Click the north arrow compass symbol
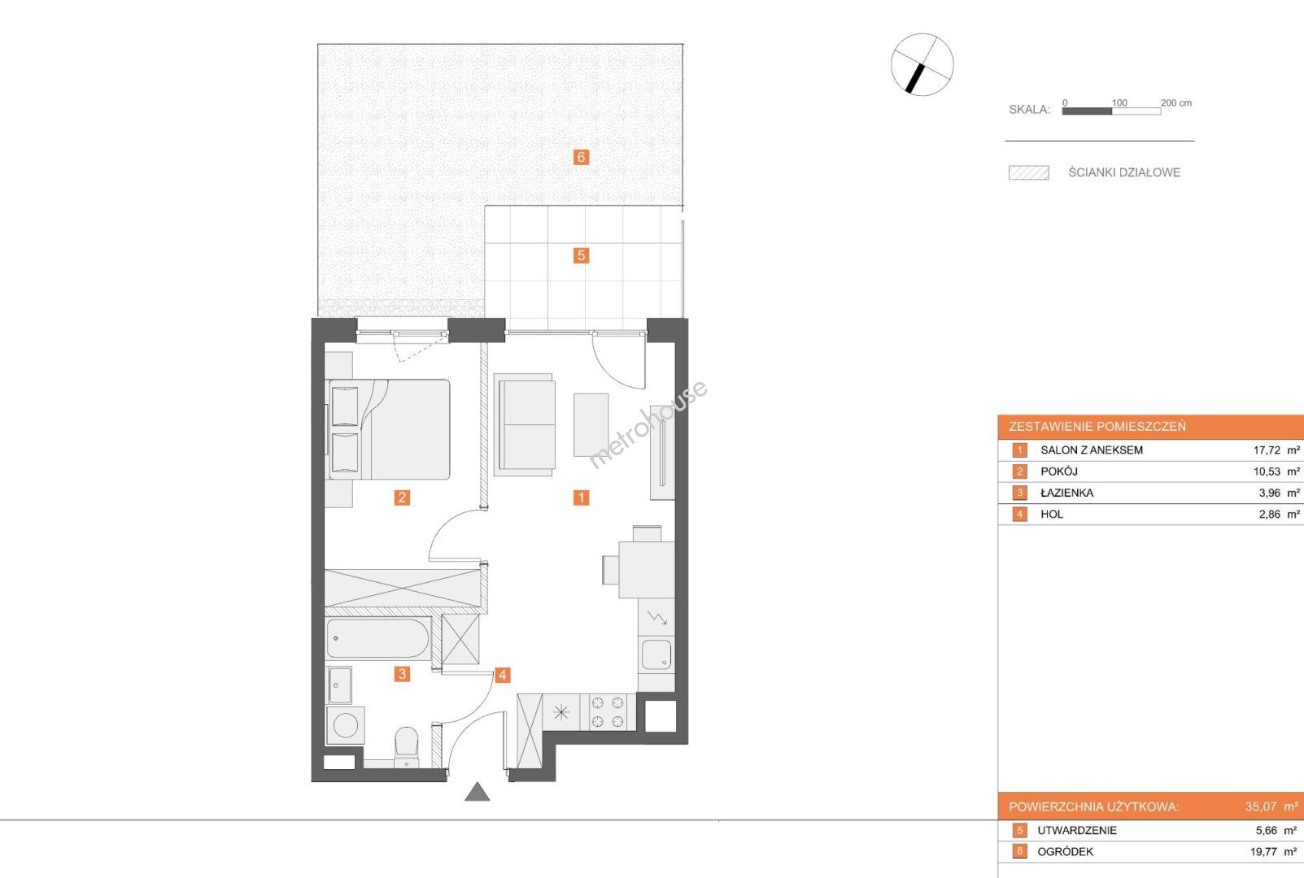(922, 64)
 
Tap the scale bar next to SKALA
(1111, 111)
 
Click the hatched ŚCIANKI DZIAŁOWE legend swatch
(1029, 173)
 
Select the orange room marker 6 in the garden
(581, 157)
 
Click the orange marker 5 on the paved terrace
(581, 255)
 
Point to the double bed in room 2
(389, 429)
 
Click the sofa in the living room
(524, 424)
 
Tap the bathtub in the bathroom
(378, 638)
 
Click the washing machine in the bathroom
(345, 725)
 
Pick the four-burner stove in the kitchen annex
(608, 712)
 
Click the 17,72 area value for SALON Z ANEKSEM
(1267, 450)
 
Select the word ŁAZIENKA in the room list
(1067, 493)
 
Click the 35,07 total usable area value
(1260, 807)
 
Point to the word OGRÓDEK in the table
(1066, 852)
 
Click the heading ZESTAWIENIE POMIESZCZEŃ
(1097, 427)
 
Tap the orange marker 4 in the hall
(503, 675)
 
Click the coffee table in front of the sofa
(591, 424)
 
